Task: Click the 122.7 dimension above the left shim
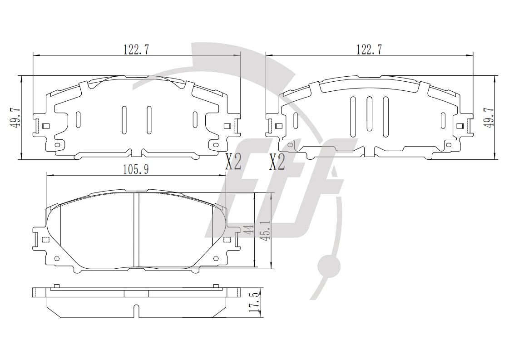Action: pos(136,49)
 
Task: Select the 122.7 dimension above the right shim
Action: pos(369,49)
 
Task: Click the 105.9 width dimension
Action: pos(136,169)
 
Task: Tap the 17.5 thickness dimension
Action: pos(256,302)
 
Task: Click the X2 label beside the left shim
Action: pos(233,162)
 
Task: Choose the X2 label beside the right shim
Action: pos(277,162)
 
